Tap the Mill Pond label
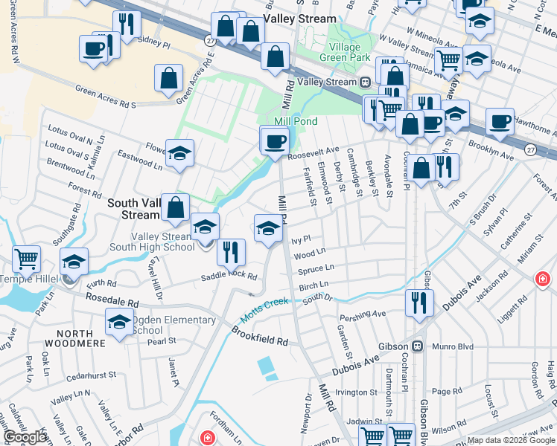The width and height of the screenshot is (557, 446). (296, 121)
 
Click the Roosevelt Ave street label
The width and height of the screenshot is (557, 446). (313, 149)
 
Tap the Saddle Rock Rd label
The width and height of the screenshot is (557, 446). (229, 277)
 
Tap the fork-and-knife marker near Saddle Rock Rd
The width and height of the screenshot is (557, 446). (232, 252)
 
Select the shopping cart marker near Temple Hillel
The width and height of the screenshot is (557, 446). (27, 259)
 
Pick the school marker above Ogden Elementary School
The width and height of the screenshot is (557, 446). (119, 323)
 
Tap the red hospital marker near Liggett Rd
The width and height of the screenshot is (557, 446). (544, 278)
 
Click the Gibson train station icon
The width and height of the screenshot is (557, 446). (418, 346)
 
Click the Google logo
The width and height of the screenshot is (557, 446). (25, 437)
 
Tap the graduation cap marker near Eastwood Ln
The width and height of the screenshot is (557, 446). (179, 153)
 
